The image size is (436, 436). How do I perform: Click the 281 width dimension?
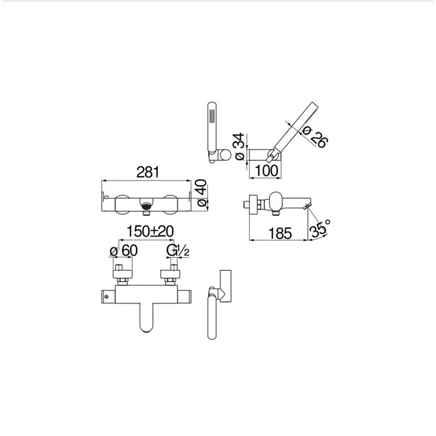[x=148, y=172]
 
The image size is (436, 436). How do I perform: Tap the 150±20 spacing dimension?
[x=150, y=231]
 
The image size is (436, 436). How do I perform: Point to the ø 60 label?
[x=124, y=251]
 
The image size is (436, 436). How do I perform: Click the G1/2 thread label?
[x=178, y=251]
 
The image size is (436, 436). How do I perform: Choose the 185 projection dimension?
[x=280, y=233]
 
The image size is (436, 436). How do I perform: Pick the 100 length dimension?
[x=266, y=170]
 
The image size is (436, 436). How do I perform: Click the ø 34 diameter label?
[x=240, y=147]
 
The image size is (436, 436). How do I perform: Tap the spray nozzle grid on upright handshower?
[x=212, y=116]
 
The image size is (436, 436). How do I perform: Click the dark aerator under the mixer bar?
[x=147, y=206]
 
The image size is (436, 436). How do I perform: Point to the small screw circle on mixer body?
[x=106, y=297]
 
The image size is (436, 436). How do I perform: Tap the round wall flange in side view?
[x=253, y=205]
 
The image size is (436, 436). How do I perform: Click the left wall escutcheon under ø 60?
[x=122, y=274]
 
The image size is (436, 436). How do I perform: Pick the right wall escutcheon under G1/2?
[x=170, y=274]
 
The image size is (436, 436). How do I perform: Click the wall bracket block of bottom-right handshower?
[x=225, y=286]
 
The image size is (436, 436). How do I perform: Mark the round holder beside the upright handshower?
[x=225, y=154]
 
